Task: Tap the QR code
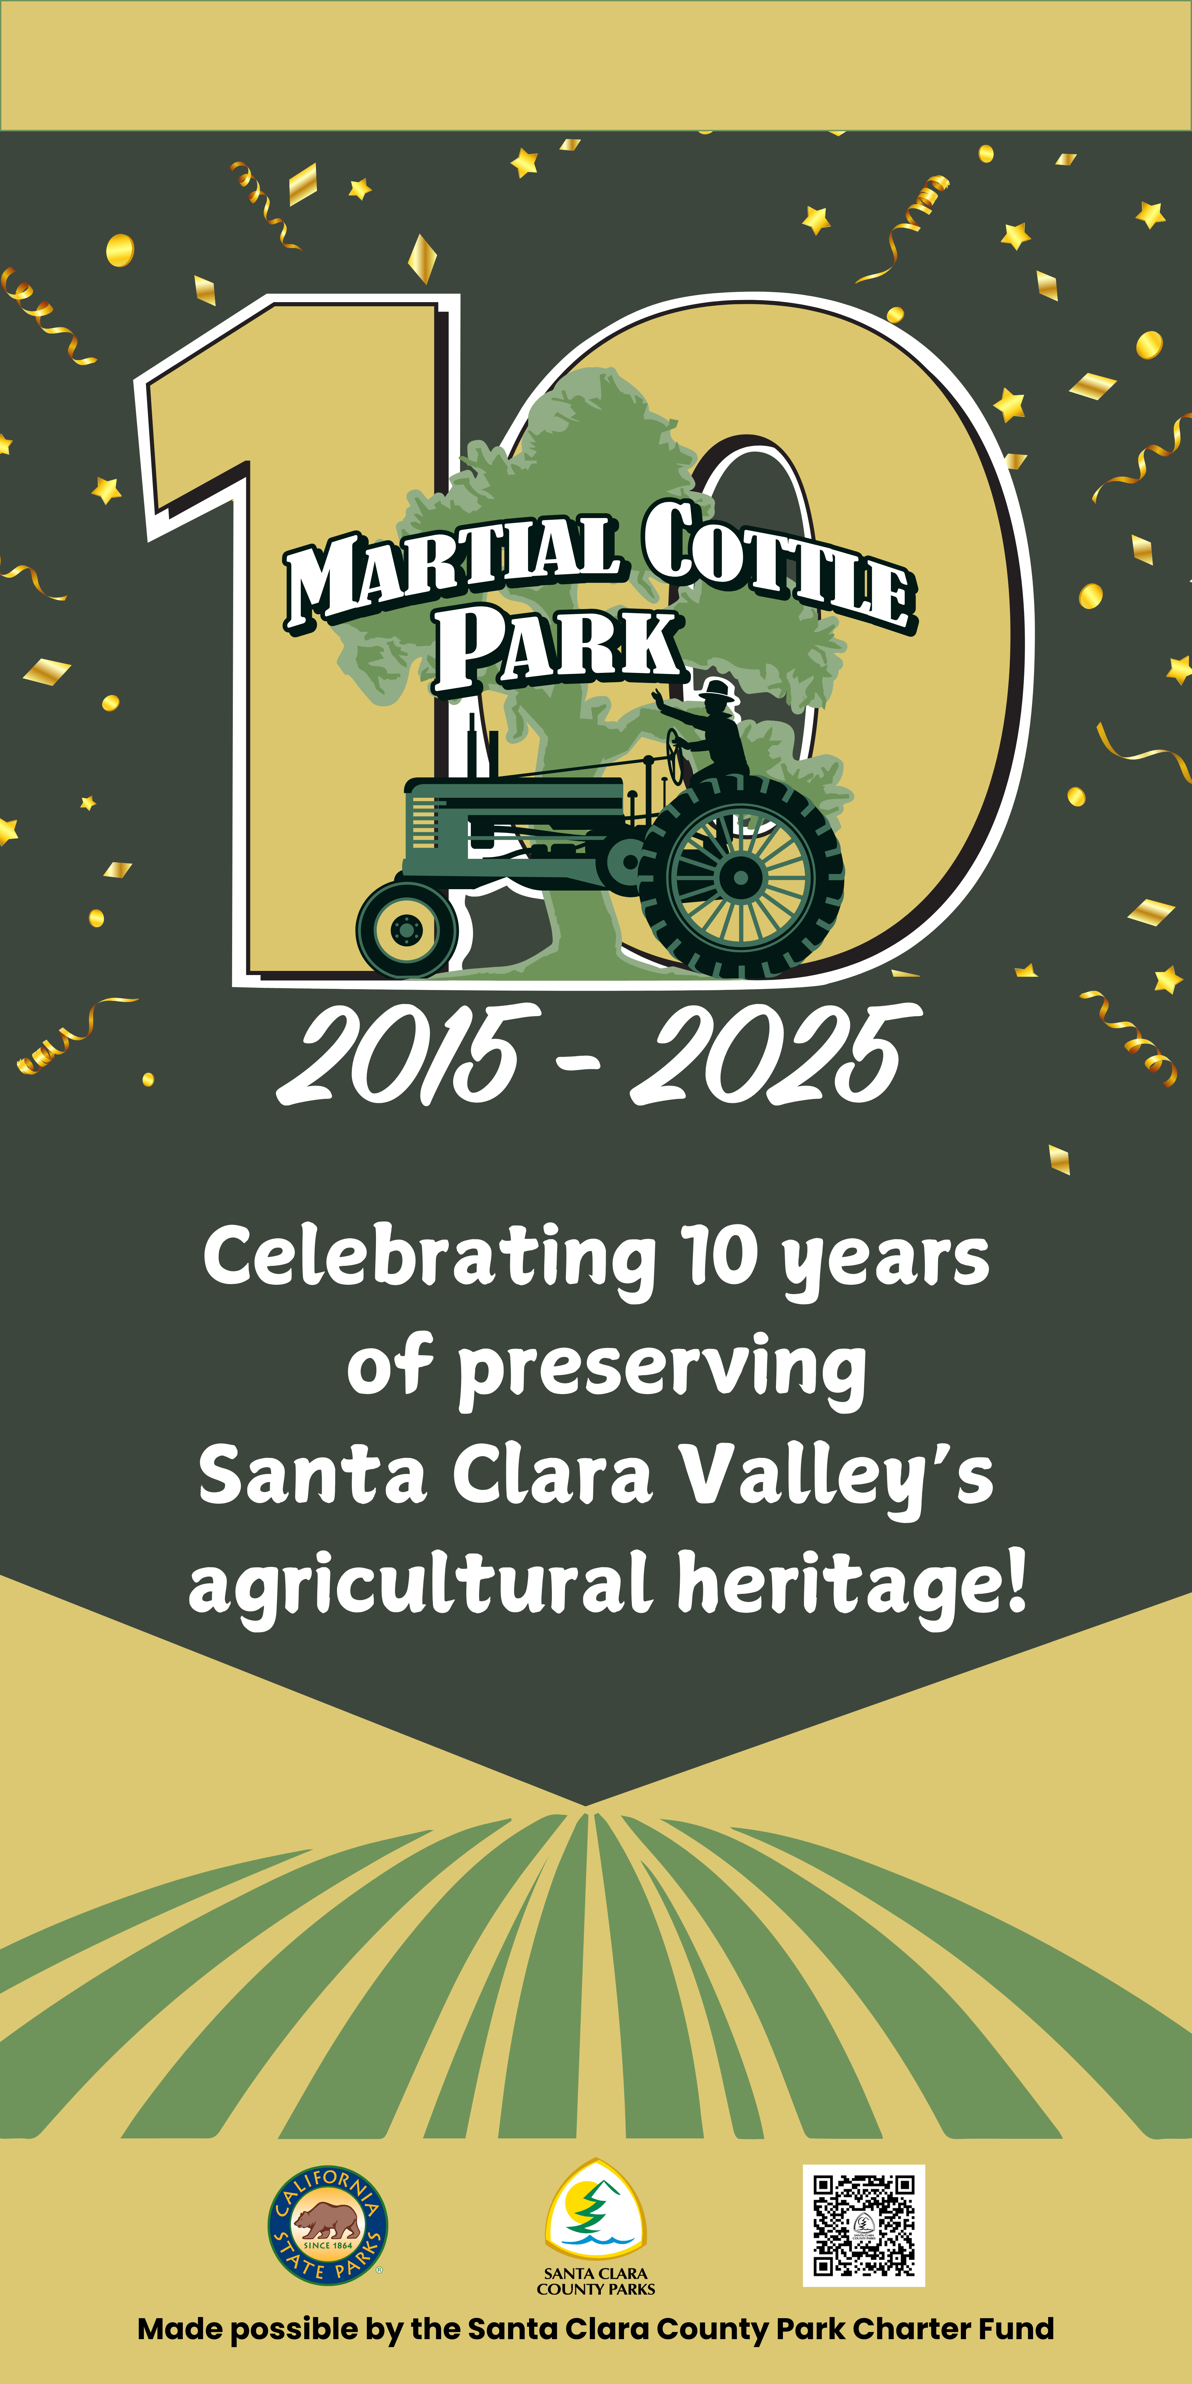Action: pos(863,2225)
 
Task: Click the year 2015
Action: pos(407,1055)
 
